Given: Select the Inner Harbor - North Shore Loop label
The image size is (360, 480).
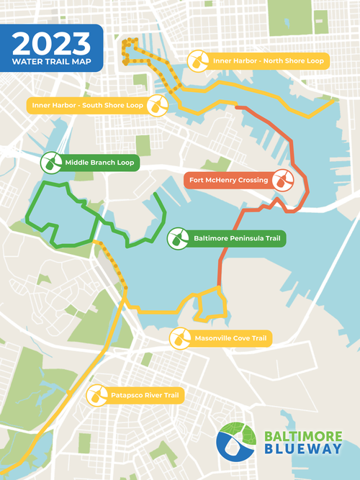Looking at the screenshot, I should click(267, 61).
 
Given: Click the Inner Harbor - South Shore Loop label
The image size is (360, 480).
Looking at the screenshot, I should click(86, 105).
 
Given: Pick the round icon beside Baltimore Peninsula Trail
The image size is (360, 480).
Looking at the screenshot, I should click(177, 237).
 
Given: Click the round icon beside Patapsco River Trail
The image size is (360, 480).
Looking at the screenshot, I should click(96, 395).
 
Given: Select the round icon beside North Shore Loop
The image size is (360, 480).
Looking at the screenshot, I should click(197, 61).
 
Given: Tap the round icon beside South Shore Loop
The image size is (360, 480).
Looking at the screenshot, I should click(157, 105).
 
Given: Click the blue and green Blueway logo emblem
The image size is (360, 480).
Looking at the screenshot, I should click(238, 442).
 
